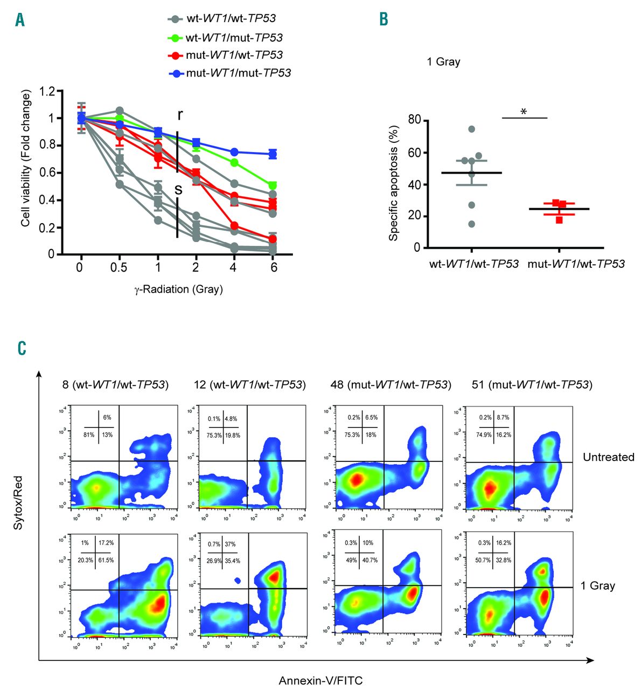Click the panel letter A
pyautogui.click(x=20, y=20)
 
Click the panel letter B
pyautogui.click(x=383, y=19)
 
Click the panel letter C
pyautogui.click(x=22, y=348)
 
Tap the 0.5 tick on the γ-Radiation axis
pyautogui.click(x=118, y=268)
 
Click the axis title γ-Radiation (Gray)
pyautogui.click(x=178, y=289)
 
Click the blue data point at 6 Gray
pyautogui.click(x=273, y=154)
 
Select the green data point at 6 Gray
pyautogui.click(x=273, y=185)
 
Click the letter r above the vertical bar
pyautogui.click(x=180, y=115)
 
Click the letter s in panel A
pyautogui.click(x=178, y=189)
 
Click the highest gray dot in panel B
pyautogui.click(x=472, y=129)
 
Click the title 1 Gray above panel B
pyautogui.click(x=443, y=62)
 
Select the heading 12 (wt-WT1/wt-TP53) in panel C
pyautogui.click(x=249, y=385)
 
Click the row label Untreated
pyautogui.click(x=609, y=457)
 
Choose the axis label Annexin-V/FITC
pyautogui.click(x=320, y=681)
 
